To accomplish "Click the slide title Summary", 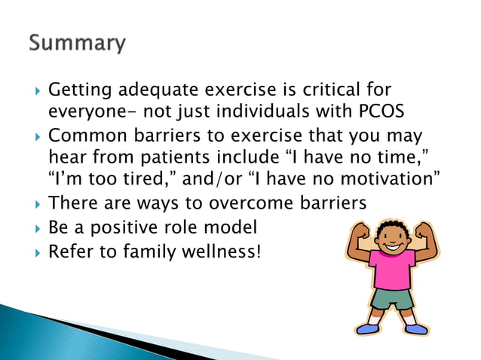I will click(78, 44).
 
